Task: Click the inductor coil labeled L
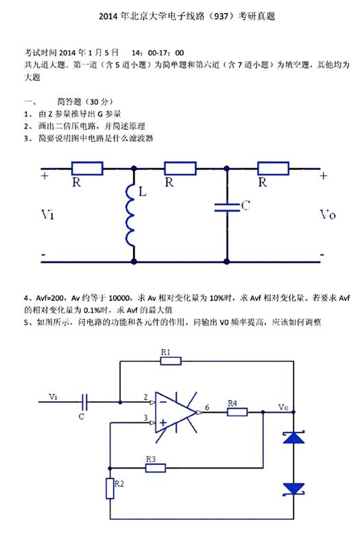(130, 215)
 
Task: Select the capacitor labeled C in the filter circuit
(227, 207)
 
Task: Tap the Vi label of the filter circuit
(48, 215)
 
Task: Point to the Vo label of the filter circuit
(328, 215)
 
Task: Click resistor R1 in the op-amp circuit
(171, 361)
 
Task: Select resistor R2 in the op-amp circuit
(110, 488)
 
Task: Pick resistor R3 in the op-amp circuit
(156, 468)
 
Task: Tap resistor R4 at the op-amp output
(237, 412)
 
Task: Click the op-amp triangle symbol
(176, 413)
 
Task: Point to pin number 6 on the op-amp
(207, 407)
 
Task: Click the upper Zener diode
(294, 437)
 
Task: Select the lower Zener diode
(294, 490)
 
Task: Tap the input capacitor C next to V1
(85, 402)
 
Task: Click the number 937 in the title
(221, 16)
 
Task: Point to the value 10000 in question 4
(119, 298)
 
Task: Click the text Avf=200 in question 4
(50, 298)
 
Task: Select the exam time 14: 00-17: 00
(158, 53)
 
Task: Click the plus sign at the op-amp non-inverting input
(163, 422)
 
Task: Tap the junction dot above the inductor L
(134, 169)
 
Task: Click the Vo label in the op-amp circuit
(283, 407)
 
